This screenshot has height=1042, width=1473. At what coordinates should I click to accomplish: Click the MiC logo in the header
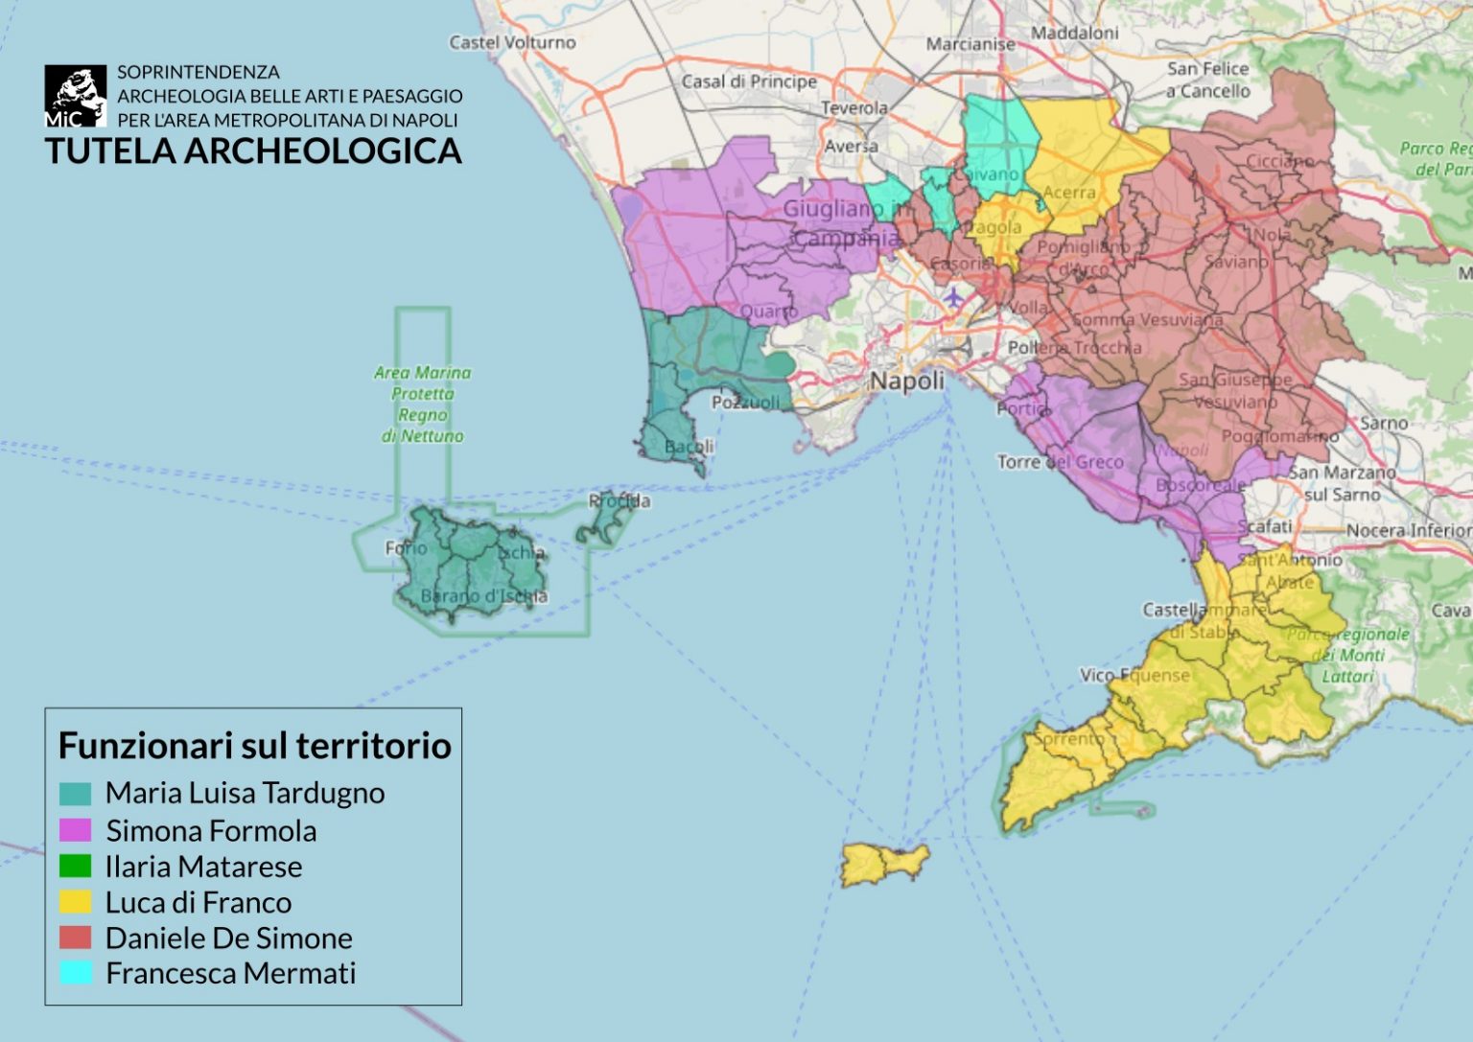75,96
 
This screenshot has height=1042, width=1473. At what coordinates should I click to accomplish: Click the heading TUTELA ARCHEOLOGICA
253,151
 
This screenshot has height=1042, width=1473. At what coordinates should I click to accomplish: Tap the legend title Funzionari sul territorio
254,745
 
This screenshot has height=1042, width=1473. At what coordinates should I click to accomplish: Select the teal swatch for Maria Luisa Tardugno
75,794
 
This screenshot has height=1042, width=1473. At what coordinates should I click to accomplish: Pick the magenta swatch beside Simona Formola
75,830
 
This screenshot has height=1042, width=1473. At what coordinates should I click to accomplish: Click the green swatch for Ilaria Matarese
75,867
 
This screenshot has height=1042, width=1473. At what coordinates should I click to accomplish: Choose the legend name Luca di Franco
199,902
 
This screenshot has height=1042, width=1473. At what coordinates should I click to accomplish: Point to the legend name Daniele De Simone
228,938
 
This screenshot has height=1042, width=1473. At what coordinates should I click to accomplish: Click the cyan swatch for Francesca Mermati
75,973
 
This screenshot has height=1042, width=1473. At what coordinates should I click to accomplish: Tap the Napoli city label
906,381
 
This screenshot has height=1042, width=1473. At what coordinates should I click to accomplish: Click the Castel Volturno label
512,42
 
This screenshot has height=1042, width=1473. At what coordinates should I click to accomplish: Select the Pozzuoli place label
745,403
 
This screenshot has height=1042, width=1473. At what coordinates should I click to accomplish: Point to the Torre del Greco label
1060,462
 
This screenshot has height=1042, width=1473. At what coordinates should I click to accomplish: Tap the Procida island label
619,500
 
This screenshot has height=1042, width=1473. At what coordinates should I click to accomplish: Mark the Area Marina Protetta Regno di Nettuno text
422,404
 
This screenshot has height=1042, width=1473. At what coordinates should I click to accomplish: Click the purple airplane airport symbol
952,297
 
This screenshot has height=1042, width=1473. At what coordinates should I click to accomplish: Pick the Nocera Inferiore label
1408,530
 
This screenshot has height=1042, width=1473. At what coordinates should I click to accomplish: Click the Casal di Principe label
748,81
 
